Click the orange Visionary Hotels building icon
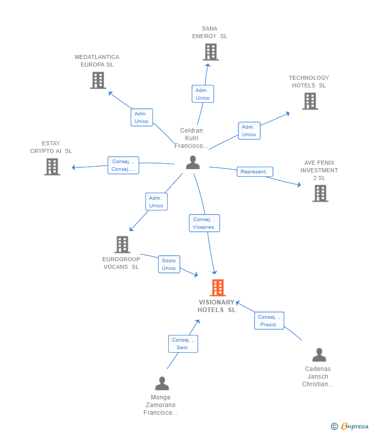click(218, 288)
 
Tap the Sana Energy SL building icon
click(211, 52)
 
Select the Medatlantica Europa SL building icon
click(98, 80)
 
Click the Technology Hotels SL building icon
click(310, 101)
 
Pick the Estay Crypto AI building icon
click(52, 167)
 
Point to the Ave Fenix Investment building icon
click(320, 194)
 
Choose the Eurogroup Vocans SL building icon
click(122, 244)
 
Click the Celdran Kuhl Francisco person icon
click(193, 162)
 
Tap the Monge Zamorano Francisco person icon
click(162, 383)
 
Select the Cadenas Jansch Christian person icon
click(319, 355)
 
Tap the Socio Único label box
click(169, 264)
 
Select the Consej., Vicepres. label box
click(204, 223)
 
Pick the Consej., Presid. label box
click(269, 321)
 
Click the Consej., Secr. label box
click(183, 344)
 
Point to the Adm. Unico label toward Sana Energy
click(203, 94)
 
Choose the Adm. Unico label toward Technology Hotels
click(250, 131)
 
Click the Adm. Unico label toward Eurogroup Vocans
click(157, 202)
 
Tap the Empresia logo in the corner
click(350, 426)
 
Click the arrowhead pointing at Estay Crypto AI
click(74, 167)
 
